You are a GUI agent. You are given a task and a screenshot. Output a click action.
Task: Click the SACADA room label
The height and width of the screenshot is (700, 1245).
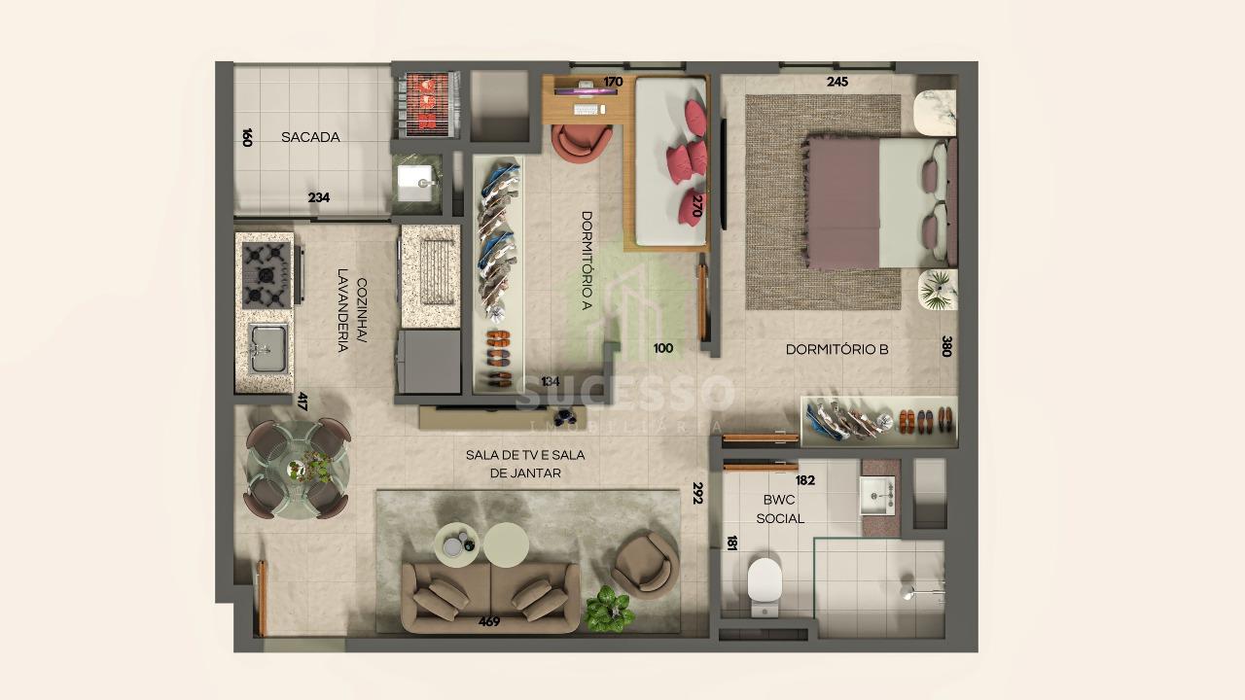pos(310,137)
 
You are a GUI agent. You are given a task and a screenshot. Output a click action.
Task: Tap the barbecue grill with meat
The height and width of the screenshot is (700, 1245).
pos(427,104)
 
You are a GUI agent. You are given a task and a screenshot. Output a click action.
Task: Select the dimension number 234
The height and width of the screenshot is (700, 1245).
pos(319,197)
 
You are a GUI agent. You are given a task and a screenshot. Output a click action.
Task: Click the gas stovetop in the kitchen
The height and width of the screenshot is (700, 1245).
pos(267,275)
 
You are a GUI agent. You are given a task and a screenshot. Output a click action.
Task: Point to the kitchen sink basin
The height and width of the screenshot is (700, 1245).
pos(267,348)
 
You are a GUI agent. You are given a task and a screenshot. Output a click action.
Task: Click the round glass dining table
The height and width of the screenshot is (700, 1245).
pos(298,470)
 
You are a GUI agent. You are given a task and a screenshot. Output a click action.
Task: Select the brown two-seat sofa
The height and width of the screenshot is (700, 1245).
pos(490,598)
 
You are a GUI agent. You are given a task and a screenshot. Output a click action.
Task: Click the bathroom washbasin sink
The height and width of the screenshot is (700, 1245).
pos(877,496)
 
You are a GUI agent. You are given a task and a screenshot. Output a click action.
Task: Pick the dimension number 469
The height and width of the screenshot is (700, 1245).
pos(489,621)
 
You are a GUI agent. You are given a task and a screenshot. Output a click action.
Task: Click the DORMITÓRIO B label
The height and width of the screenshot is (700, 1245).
pos(837,349)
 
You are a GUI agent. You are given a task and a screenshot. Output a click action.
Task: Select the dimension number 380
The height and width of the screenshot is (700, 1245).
pos(947,346)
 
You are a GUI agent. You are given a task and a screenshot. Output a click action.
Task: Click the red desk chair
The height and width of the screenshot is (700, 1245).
pos(582,143)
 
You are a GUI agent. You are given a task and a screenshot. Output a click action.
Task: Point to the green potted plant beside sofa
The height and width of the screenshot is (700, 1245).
pos(609,609)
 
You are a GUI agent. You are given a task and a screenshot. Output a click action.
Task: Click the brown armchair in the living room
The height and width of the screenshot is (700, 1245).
pos(645,566)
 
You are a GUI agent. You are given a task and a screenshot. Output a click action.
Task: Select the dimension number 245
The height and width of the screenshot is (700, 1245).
pos(837,82)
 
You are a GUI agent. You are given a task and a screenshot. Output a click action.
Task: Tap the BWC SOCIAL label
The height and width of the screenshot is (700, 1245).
pos(780,508)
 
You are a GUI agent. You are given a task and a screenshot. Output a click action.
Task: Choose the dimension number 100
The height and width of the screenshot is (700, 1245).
pos(663,348)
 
